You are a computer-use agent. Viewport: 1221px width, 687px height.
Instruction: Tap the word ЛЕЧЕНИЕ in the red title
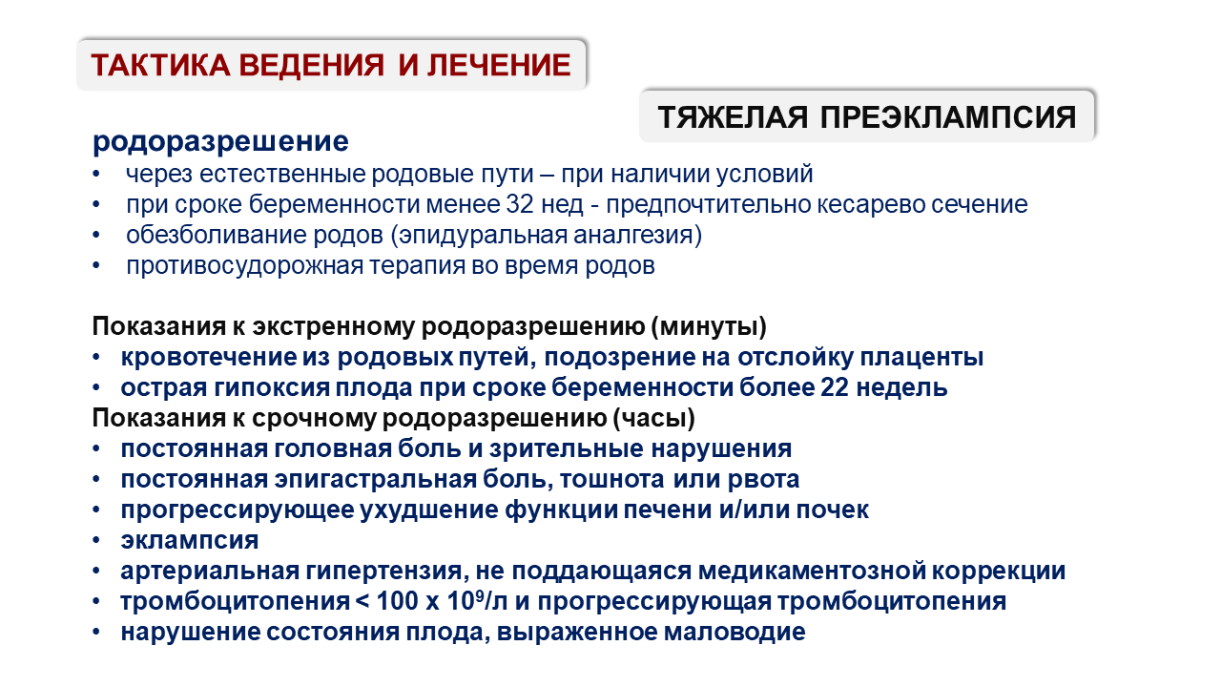tap(499, 65)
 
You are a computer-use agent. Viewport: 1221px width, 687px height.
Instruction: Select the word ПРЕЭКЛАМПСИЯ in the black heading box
tap(948, 116)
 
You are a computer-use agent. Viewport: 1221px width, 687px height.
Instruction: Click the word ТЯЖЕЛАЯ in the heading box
tap(733, 116)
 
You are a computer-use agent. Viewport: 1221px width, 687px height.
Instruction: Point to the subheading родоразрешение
tap(220, 142)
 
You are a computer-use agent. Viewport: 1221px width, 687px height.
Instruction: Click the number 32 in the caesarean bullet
tap(520, 204)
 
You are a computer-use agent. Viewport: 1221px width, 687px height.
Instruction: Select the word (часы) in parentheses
tap(654, 418)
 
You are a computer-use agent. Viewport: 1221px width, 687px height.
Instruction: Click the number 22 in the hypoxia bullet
tap(835, 387)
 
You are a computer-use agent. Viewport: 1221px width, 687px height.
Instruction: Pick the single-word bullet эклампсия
tap(190, 541)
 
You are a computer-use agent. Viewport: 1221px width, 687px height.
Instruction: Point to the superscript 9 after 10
tap(480, 595)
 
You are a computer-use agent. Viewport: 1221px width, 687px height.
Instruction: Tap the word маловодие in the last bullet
tap(735, 633)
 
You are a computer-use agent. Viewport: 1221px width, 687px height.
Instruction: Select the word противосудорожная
tap(245, 266)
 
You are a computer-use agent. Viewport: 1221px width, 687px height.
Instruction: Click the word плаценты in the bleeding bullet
tap(921, 358)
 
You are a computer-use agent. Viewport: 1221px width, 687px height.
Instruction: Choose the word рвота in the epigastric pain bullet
tap(764, 480)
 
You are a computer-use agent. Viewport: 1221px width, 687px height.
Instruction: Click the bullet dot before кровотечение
tap(96, 358)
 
